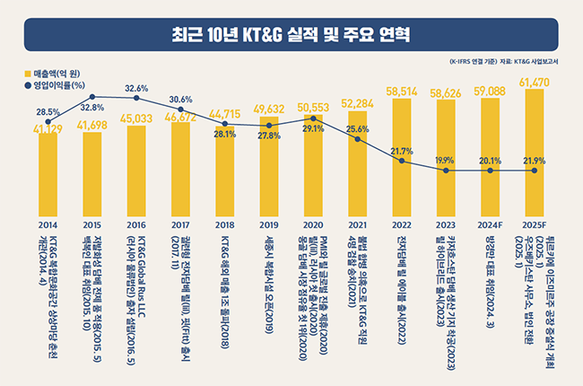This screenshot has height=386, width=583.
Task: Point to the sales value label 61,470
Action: (534, 82)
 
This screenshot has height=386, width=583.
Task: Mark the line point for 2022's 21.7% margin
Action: (401, 162)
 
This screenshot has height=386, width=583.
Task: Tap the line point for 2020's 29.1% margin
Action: (313, 118)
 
